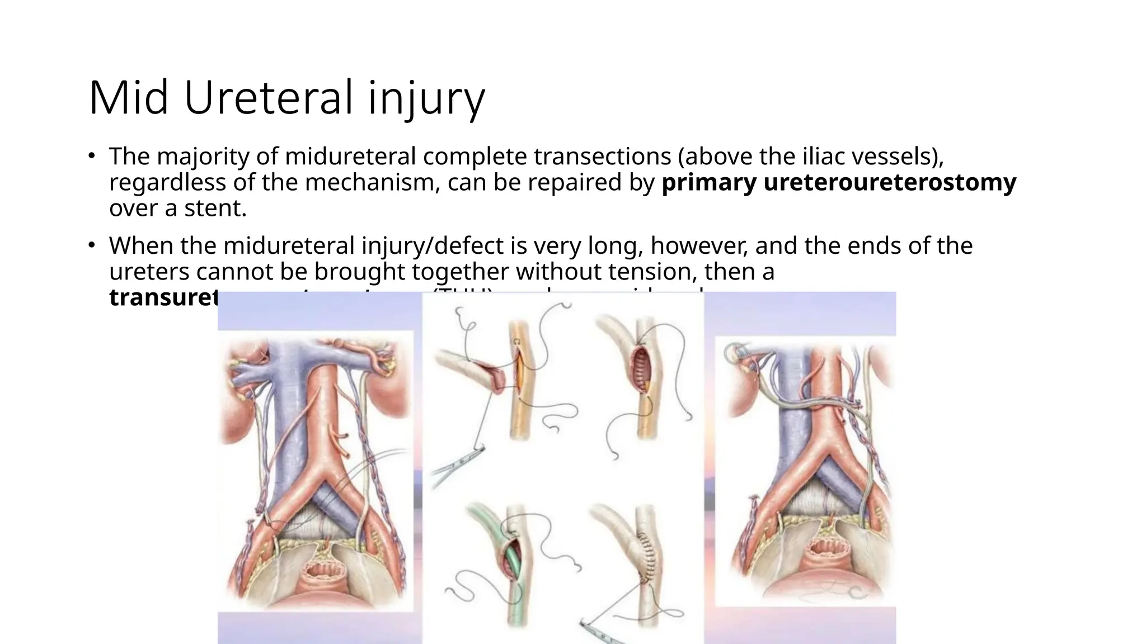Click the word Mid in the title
129,98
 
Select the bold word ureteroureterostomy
889,183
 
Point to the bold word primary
708,183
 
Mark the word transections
602,157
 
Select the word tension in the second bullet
650,272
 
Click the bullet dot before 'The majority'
91,155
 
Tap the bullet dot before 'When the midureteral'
91,244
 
